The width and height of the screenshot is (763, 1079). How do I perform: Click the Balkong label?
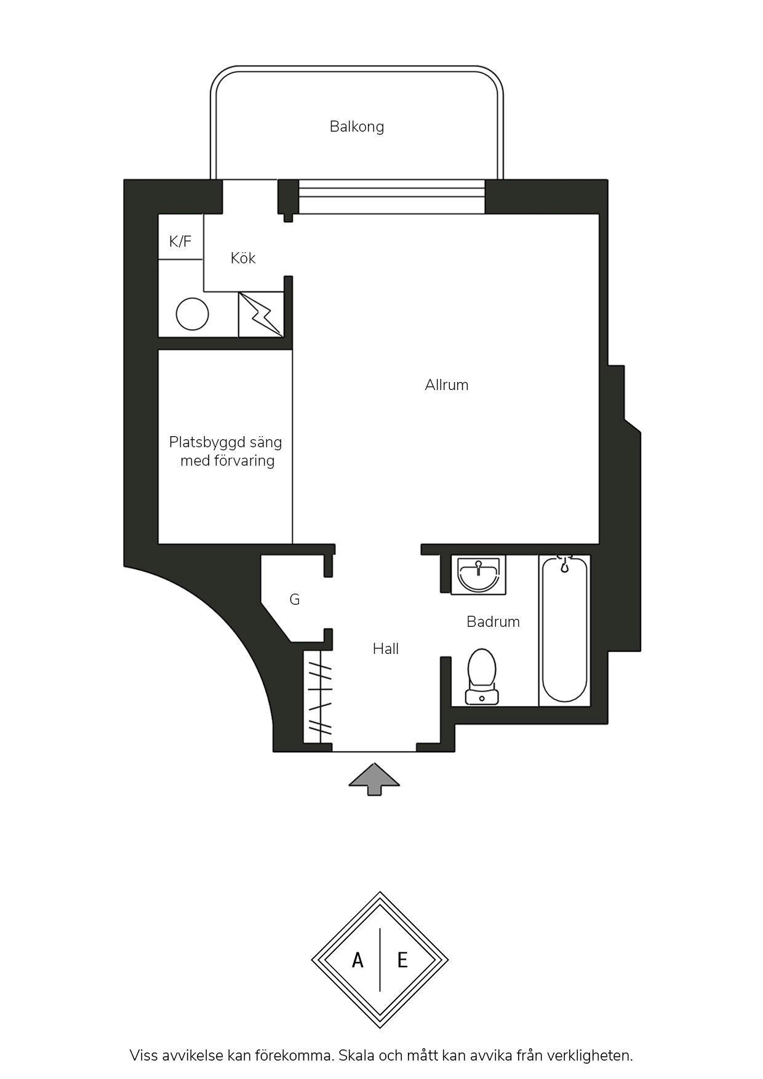pos(357,127)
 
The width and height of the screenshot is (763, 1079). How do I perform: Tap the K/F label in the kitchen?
pos(180,241)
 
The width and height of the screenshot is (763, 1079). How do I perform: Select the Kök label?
pos(243,258)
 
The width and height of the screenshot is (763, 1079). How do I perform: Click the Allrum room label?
pos(447,385)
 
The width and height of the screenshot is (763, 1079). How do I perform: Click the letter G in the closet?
pos(295,599)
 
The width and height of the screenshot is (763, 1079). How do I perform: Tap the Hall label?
pos(386,648)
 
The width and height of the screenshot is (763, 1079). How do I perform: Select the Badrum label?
pos(493,622)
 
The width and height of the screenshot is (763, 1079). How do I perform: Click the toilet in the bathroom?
pos(482,677)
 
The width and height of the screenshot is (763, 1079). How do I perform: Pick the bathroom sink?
pos(479,575)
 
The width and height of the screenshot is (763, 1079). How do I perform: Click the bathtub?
pos(565,630)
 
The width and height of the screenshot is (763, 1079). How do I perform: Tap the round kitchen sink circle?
pos(193,314)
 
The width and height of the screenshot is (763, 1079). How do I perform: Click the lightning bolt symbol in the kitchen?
pos(262,314)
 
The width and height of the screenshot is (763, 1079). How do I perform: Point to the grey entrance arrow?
pos(374,779)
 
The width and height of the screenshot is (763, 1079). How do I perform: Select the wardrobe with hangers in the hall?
pos(318,699)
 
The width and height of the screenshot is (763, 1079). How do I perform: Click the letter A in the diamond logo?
pos(358,960)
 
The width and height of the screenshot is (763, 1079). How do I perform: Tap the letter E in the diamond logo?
pos(402,960)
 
